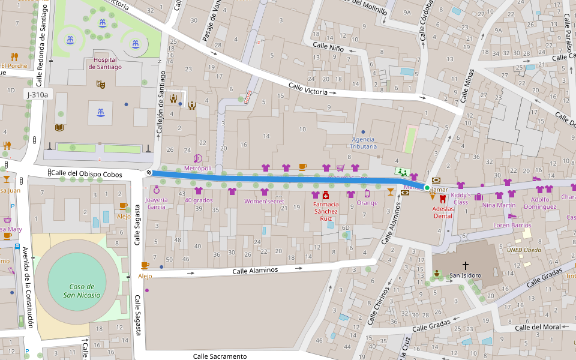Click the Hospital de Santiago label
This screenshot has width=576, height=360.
105,63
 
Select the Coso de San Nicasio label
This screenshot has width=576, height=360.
83,291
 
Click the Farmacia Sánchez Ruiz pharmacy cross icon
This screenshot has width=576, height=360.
326,195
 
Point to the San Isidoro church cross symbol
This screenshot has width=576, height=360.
465,265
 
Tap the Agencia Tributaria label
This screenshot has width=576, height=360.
364,143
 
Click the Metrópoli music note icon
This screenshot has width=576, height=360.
197,158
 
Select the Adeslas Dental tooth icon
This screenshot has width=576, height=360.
443,199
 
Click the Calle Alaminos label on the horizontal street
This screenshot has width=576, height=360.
255,271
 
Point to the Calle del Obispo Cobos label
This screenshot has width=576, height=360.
86,174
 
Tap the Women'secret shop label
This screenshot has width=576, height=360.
264,201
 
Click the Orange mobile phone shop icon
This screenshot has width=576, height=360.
367,193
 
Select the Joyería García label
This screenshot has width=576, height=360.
156,203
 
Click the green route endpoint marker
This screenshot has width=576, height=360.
427,188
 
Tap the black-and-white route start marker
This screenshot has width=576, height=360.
149,172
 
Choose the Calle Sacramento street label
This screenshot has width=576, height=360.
220,356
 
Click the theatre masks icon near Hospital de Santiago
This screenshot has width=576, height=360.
101,85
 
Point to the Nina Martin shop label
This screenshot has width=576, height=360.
499,205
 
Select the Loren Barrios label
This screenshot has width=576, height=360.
512,225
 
